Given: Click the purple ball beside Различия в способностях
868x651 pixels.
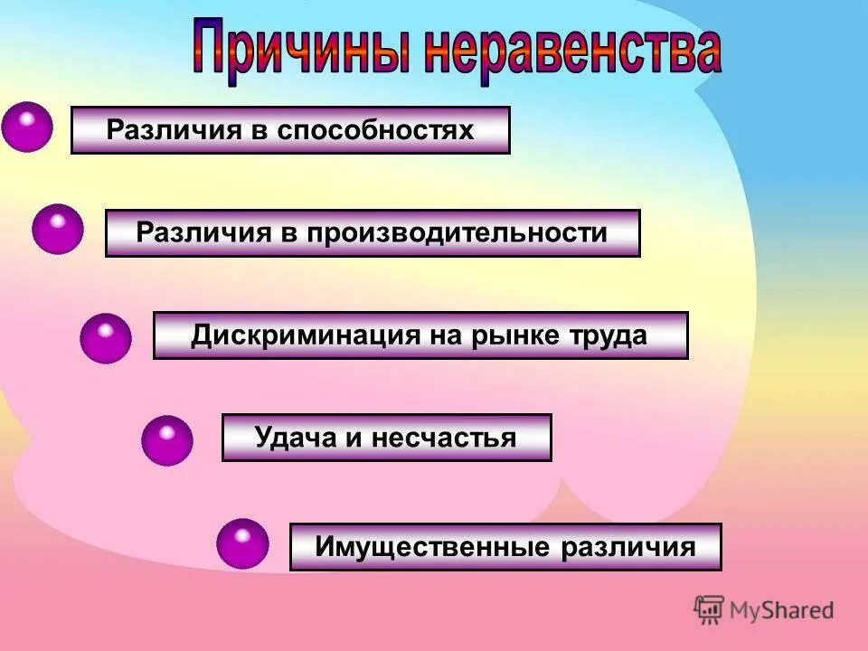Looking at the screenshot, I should pos(26,127).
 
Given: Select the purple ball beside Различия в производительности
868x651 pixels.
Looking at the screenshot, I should pos(57,229).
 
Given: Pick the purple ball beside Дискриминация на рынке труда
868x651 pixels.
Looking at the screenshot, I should pos(105,338).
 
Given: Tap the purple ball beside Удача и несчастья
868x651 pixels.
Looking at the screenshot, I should pos(166,440).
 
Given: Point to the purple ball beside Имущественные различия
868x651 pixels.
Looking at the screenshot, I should pos(242,543).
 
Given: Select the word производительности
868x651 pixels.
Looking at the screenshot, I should pos(457,232).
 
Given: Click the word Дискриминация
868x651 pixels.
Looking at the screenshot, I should pos(304,335).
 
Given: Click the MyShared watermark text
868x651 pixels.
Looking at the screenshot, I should pos(780,610).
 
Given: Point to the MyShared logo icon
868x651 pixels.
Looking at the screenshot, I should pos(709,609).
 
